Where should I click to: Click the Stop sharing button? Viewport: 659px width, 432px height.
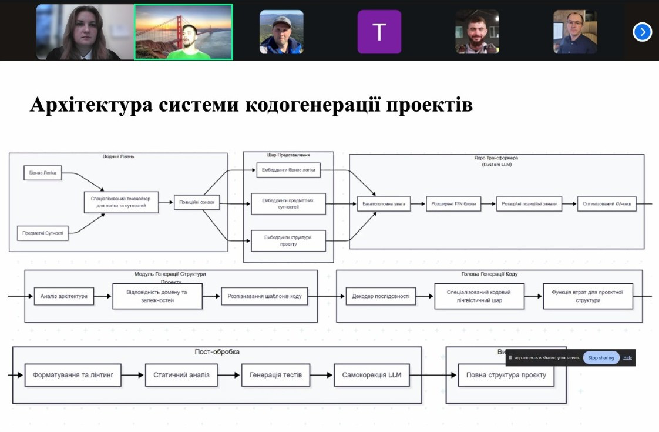point(601,357)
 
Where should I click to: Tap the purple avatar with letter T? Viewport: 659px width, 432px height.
point(379,32)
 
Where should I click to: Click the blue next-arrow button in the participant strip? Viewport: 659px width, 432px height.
point(642,32)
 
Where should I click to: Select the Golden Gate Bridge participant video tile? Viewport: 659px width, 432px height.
point(183,32)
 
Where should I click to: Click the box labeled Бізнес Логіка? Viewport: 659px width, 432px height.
point(43,173)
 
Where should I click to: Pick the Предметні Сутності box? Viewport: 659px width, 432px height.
point(43,233)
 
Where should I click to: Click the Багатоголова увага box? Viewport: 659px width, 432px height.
point(384,205)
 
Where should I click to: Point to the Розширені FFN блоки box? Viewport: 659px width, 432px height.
point(453,205)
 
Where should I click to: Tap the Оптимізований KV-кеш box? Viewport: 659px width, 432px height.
point(607,205)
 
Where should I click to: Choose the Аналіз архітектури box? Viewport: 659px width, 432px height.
point(64,296)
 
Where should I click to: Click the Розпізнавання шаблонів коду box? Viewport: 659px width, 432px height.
point(264,296)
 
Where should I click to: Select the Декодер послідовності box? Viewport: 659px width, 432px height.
point(381,296)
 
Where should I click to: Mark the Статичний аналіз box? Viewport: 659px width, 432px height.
point(181,375)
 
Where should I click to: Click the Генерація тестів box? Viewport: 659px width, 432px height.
point(275,375)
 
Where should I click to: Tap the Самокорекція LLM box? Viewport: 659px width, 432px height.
point(371,375)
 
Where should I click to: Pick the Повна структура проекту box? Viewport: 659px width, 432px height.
point(506,375)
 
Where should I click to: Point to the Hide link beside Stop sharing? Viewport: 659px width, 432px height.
point(628,357)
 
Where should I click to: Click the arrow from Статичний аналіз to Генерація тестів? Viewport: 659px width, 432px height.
point(229,375)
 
